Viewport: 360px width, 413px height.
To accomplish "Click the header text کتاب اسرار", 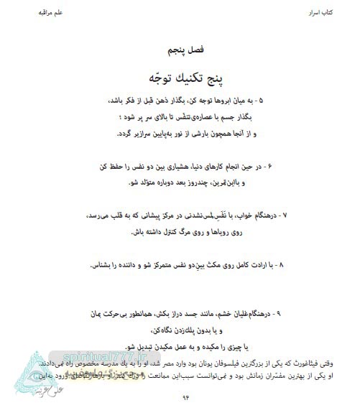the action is tap(324, 14).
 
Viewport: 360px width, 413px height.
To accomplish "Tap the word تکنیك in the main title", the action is tap(178, 76).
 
